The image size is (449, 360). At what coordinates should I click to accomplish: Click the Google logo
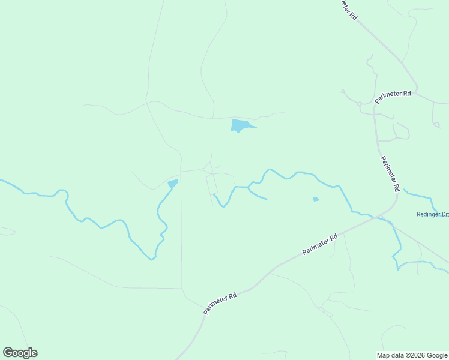(x=20, y=353)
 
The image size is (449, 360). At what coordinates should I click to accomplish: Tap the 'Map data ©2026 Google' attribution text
(x=412, y=355)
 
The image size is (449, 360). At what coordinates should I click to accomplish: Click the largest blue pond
(x=240, y=125)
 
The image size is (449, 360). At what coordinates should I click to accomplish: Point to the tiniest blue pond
(x=315, y=199)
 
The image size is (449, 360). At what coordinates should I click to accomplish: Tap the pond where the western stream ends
(x=173, y=183)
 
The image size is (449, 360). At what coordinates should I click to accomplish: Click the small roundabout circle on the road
(x=360, y=104)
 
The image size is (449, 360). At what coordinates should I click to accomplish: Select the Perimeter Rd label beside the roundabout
(x=393, y=97)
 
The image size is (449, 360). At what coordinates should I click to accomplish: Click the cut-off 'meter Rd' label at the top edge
(x=348, y=9)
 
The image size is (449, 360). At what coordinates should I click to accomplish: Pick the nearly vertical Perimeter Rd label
(x=390, y=173)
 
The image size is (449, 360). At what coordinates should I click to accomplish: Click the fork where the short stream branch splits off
(x=248, y=188)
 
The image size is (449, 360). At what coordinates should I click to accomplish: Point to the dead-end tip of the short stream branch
(x=267, y=199)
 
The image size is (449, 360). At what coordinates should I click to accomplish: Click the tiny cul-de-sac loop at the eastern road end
(x=436, y=124)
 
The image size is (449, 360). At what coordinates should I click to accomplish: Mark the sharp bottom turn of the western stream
(x=153, y=259)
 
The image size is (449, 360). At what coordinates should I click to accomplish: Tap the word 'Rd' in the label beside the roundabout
(x=406, y=93)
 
